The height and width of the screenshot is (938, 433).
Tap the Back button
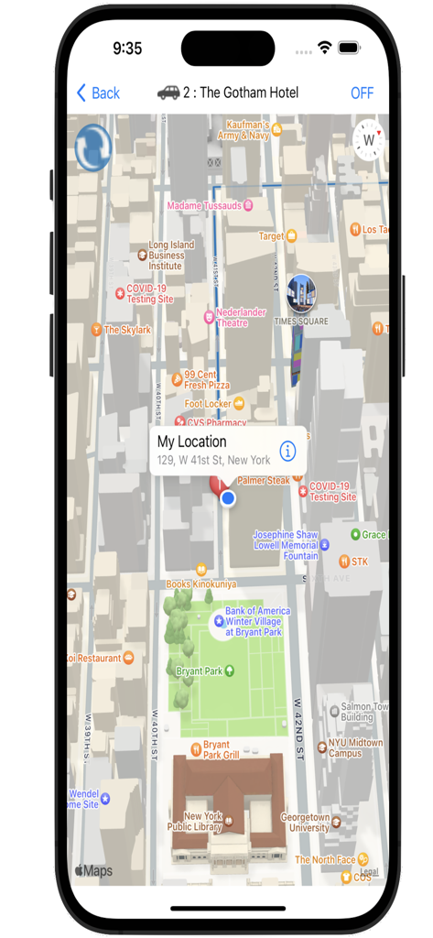click(99, 93)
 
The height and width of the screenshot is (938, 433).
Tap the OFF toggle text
click(362, 93)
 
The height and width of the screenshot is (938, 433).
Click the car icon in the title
click(168, 92)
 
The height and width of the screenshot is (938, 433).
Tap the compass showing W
click(369, 141)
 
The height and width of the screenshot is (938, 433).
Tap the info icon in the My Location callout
click(287, 451)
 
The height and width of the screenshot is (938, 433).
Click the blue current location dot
click(228, 498)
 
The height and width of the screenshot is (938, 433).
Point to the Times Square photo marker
click(300, 292)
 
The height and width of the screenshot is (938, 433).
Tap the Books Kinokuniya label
click(200, 584)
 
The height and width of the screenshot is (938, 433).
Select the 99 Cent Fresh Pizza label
click(200, 379)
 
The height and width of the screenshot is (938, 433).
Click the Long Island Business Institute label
click(165, 256)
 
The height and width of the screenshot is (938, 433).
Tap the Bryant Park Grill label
click(220, 749)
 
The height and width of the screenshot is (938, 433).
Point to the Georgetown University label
click(305, 822)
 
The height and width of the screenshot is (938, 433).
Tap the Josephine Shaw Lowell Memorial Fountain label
click(286, 545)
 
